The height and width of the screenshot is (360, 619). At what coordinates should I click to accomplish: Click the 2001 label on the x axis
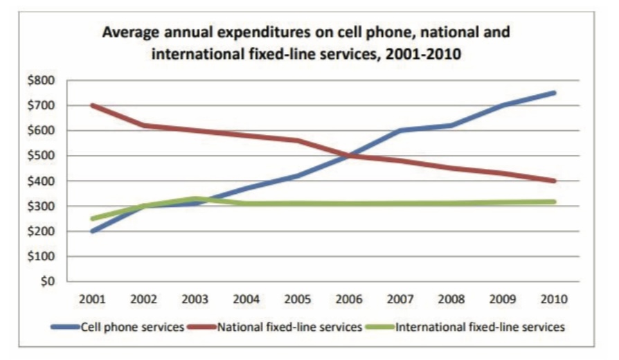pyautogui.click(x=92, y=300)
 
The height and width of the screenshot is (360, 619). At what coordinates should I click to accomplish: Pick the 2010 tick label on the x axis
pyautogui.click(x=554, y=300)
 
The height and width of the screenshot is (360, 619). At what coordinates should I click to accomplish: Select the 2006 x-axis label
pyautogui.click(x=348, y=300)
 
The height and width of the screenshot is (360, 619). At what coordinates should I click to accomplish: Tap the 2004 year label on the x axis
pyautogui.click(x=246, y=300)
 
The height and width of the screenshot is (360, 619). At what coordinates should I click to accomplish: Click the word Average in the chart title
pyautogui.click(x=131, y=32)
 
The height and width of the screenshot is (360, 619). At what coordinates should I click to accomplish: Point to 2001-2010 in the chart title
pyautogui.click(x=423, y=53)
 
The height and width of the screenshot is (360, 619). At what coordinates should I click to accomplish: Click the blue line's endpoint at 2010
pyautogui.click(x=554, y=93)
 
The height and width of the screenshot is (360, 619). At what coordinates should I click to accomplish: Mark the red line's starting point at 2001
pyautogui.click(x=92, y=105)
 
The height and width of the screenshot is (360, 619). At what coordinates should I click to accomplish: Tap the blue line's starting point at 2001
pyautogui.click(x=92, y=231)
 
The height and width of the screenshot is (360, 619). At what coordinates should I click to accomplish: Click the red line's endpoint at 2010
pyautogui.click(x=554, y=181)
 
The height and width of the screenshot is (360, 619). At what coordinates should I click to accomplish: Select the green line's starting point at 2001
pyautogui.click(x=92, y=219)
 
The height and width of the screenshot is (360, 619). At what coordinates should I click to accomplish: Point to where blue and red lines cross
pyautogui.click(x=349, y=156)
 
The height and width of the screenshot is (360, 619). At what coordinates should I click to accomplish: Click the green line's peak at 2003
pyautogui.click(x=195, y=199)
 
